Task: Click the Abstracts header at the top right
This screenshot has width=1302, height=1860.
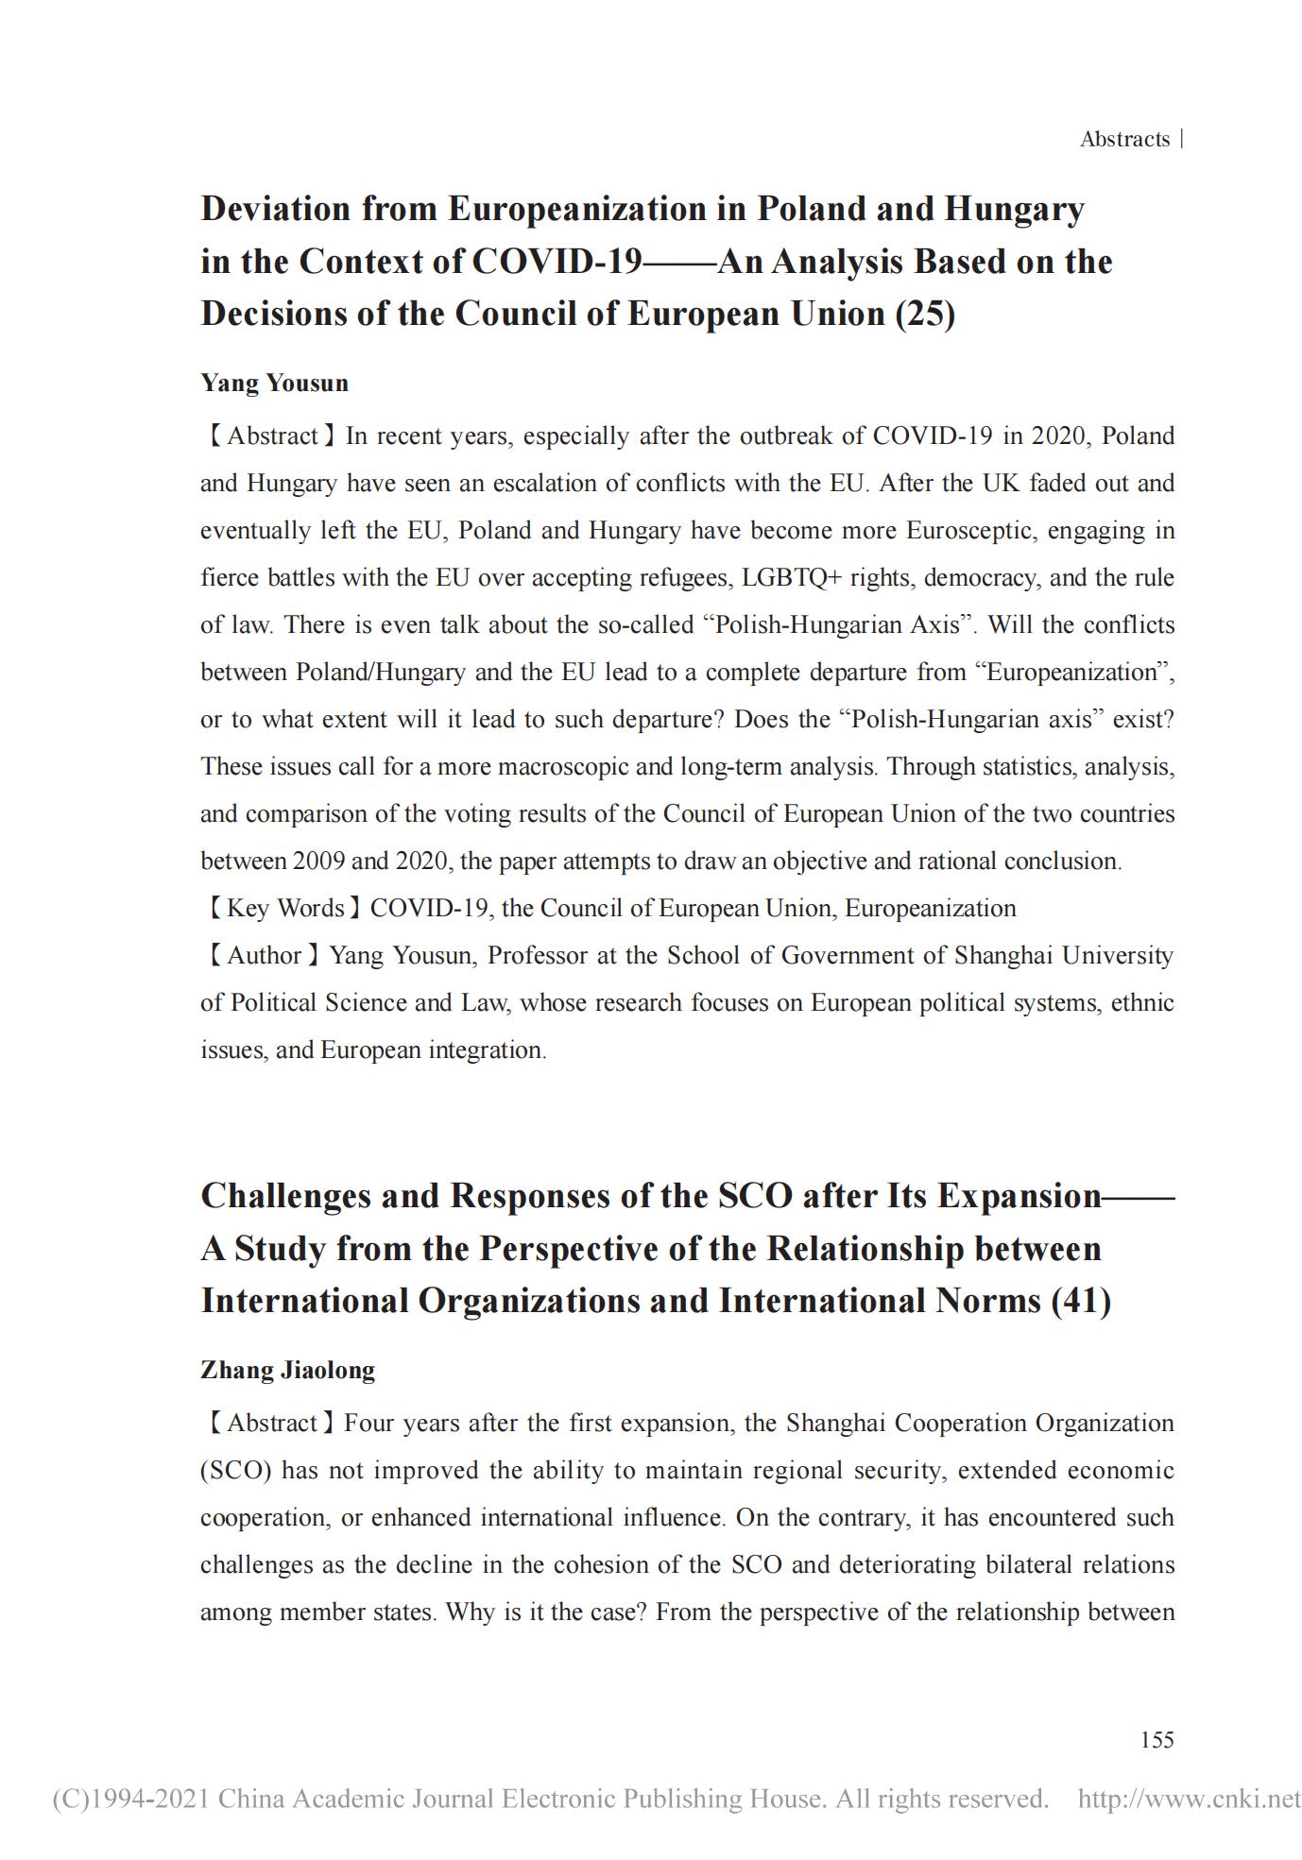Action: pos(1124,140)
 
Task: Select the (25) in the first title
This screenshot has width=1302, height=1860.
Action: pos(925,314)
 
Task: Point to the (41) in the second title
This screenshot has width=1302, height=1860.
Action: pos(1081,1301)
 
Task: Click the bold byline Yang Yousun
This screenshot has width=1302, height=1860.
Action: pos(274,383)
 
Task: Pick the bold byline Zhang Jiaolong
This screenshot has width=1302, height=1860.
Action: pos(287,1370)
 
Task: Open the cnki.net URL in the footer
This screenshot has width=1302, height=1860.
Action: pos(1189,1799)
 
